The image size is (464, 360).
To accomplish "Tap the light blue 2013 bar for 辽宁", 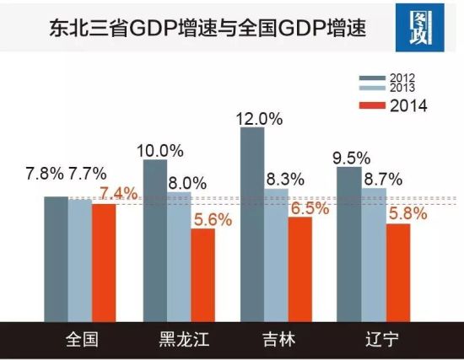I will coord(374,254).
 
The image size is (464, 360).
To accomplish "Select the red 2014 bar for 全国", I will coord(104,261).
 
